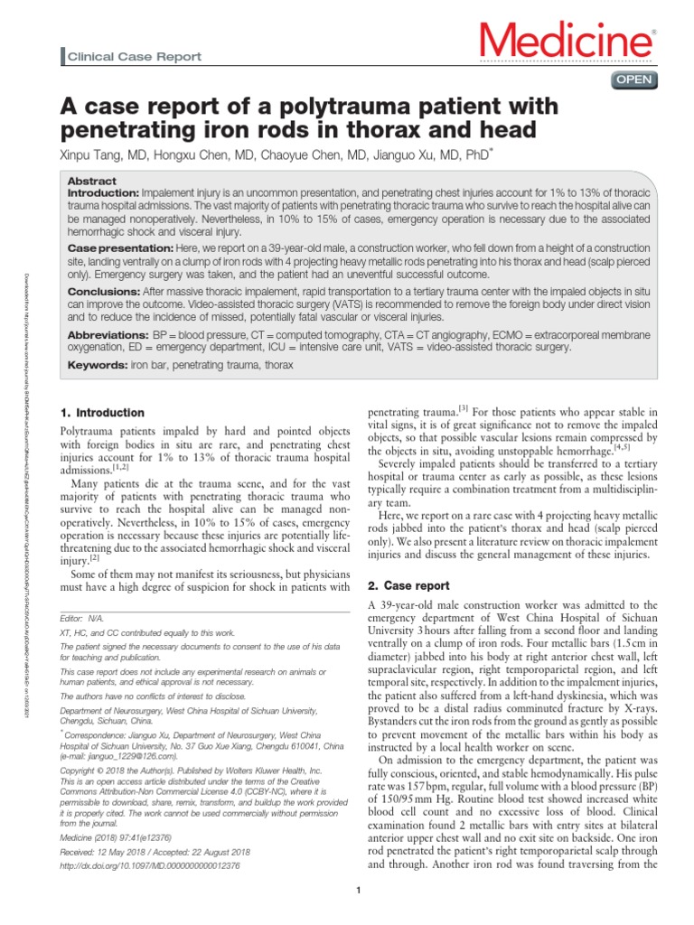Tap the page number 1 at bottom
coord(359,892)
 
